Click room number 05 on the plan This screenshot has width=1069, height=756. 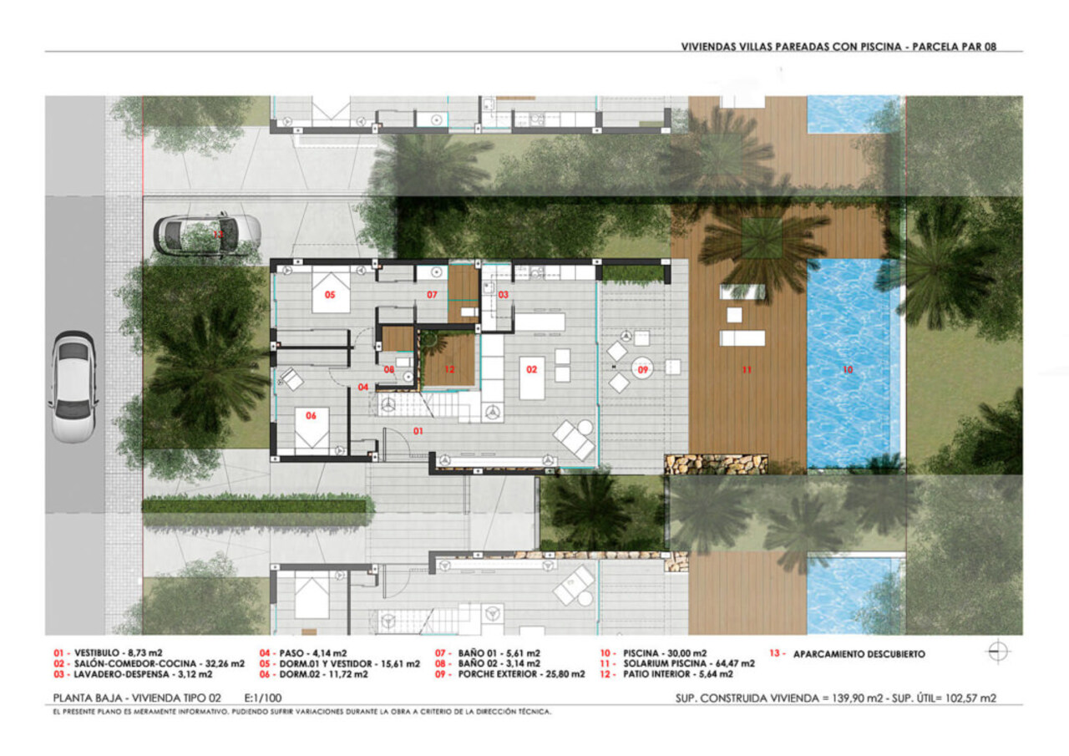(x=330, y=295)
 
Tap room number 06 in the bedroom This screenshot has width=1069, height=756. (x=312, y=415)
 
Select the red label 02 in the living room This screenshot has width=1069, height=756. (x=529, y=368)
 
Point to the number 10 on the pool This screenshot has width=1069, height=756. (x=849, y=368)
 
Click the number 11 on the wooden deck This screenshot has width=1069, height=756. (x=747, y=368)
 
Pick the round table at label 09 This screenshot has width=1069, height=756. (x=644, y=368)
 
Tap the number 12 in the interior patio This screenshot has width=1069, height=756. (x=448, y=368)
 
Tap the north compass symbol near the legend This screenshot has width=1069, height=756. (x=999, y=653)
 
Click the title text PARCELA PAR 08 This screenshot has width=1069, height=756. (x=960, y=47)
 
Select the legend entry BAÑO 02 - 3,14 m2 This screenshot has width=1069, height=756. (x=498, y=663)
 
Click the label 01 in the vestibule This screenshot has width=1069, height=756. (x=418, y=431)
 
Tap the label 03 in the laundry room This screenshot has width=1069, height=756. (x=504, y=295)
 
